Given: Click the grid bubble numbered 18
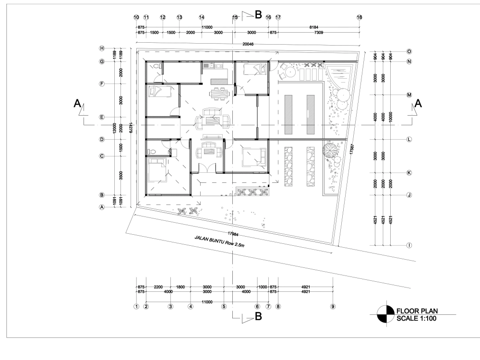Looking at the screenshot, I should (359, 17).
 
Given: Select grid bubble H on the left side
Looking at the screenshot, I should (102, 48).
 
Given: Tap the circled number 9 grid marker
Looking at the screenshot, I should (333, 306).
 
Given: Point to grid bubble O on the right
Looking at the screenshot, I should (409, 51).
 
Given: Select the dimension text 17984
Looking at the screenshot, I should (234, 234).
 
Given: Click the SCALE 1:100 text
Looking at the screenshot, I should (416, 318).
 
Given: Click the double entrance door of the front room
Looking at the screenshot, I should (207, 169).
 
